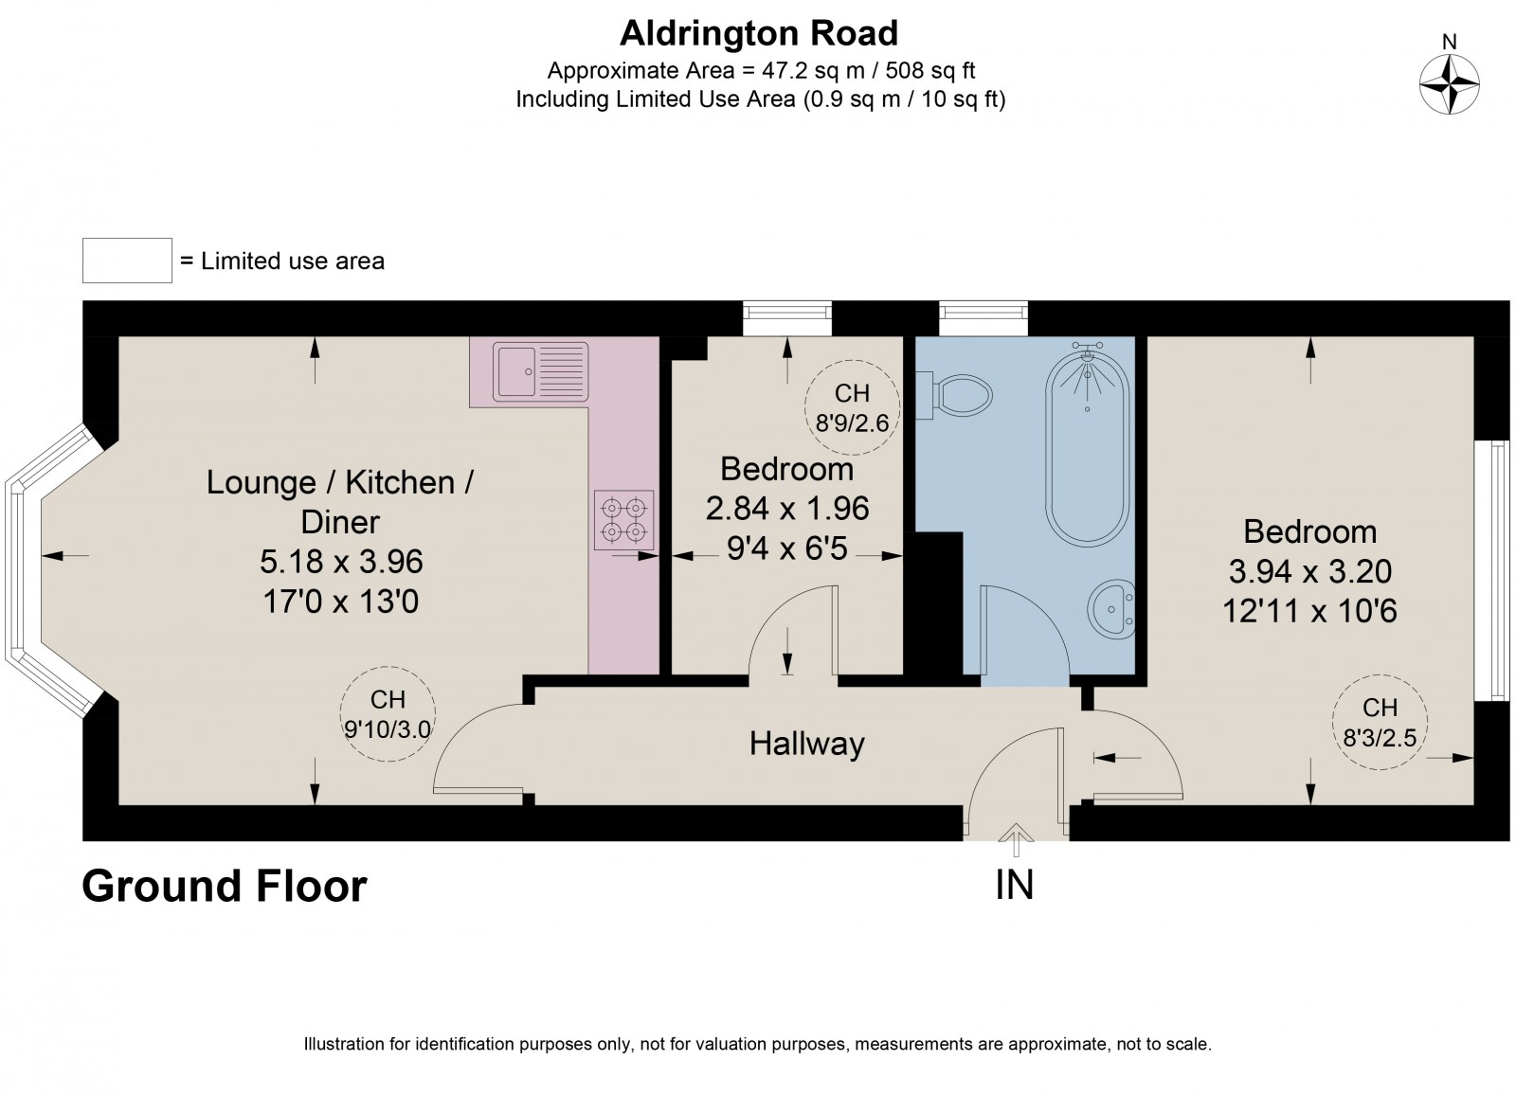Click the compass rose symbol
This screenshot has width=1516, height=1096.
[1449, 83]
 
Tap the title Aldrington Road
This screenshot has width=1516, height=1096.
[758, 33]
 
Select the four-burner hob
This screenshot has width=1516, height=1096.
[623, 519]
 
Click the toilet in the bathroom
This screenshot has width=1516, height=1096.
[959, 393]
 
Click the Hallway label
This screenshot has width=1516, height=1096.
[806, 744]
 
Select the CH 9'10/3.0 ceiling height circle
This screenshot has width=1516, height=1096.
[388, 713]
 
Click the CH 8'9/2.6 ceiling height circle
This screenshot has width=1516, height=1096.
[852, 407]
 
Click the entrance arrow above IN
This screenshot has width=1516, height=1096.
[1016, 835]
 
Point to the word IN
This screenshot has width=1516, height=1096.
[1014, 885]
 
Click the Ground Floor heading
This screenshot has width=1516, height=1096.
[225, 887]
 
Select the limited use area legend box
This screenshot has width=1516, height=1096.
[127, 261]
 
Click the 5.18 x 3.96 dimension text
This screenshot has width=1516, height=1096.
[340, 562]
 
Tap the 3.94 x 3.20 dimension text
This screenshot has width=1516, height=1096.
[1309, 571]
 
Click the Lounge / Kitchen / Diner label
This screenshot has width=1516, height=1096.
[340, 501]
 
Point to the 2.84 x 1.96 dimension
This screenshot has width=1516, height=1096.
[786, 509]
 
